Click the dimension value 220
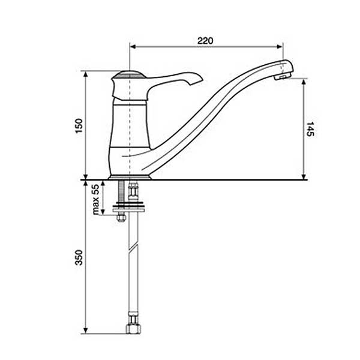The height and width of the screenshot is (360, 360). point(205,41)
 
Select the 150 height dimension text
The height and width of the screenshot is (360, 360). point(79,125)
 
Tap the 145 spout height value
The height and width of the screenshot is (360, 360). point(310,129)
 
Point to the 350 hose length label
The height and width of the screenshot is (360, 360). point(79,257)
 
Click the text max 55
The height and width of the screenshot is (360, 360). point(96,199)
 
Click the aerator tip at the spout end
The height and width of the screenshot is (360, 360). point(283,76)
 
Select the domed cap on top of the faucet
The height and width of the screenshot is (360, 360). point(130,74)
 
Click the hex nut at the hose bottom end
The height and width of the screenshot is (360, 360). point(133,329)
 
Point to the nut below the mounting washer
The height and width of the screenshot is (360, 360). point(121,217)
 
